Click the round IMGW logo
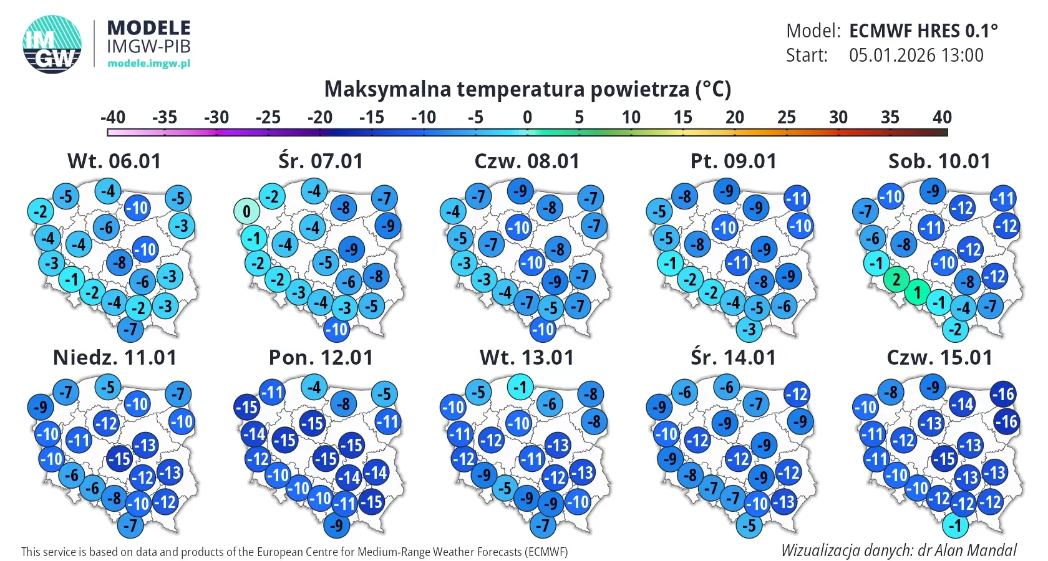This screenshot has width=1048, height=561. point(52,44)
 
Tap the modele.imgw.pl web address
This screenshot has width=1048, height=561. point(148,63)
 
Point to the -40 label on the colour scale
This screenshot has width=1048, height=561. point(113,117)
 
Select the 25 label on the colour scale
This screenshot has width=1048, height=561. point(786,117)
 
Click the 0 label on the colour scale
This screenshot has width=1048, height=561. point(527,117)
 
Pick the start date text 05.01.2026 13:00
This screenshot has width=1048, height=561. point(916,55)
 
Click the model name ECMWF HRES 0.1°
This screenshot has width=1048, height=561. point(923,31)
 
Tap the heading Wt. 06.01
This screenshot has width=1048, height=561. point(114,161)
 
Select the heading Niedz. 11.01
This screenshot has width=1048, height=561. point(115,358)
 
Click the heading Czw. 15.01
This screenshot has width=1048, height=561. point(939,358)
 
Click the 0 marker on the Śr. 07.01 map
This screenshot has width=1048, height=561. point(246,211)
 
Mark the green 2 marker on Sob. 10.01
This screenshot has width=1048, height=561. point(896,279)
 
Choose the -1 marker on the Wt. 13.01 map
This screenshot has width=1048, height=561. point(520,387)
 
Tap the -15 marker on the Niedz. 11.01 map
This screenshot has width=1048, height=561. point(119,459)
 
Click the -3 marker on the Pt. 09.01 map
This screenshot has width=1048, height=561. point(749,329)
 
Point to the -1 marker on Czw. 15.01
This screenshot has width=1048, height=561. point(955,525)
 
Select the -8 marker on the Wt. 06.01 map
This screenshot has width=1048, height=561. point(119,262)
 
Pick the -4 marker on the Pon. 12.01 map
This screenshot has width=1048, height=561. point(314,387)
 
